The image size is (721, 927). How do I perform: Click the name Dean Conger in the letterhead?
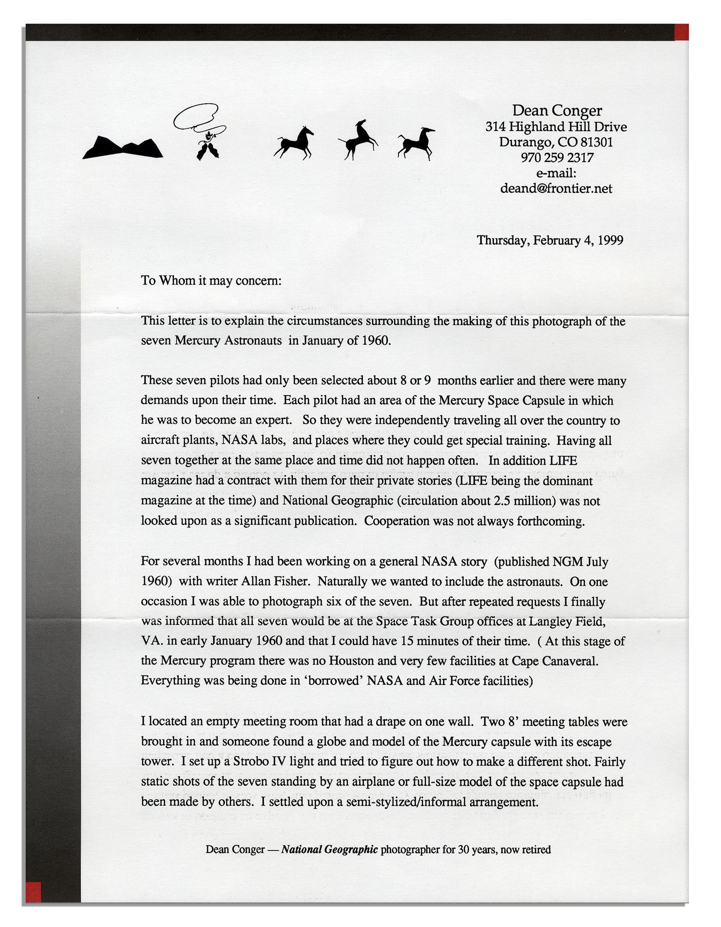pyautogui.click(x=556, y=111)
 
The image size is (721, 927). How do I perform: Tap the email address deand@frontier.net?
pyautogui.click(x=556, y=188)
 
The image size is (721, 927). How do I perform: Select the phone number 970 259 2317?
pyautogui.click(x=557, y=158)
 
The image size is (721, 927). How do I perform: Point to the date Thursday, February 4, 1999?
pyautogui.click(x=550, y=240)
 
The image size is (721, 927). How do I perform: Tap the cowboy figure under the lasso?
pyautogui.click(x=208, y=146)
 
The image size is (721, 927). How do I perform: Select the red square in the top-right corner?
pyautogui.click(x=682, y=32)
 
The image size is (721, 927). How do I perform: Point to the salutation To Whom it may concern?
pyautogui.click(x=211, y=281)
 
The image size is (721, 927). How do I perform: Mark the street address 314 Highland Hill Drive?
pyautogui.click(x=556, y=127)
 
